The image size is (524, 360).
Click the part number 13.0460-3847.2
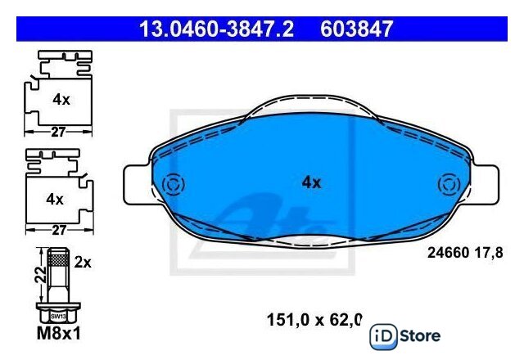pos(216,29)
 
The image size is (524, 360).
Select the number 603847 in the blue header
pos(356,29)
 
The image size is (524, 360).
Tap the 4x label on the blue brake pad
pos(311,182)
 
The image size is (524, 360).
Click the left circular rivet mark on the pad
pos(173,185)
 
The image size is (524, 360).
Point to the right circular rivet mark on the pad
pos(449,185)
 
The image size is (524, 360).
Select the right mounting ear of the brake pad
pos(485,185)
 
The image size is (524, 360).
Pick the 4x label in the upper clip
pos(61,100)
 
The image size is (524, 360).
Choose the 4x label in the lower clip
pos(55,200)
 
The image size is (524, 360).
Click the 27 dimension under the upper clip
pos(58,132)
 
